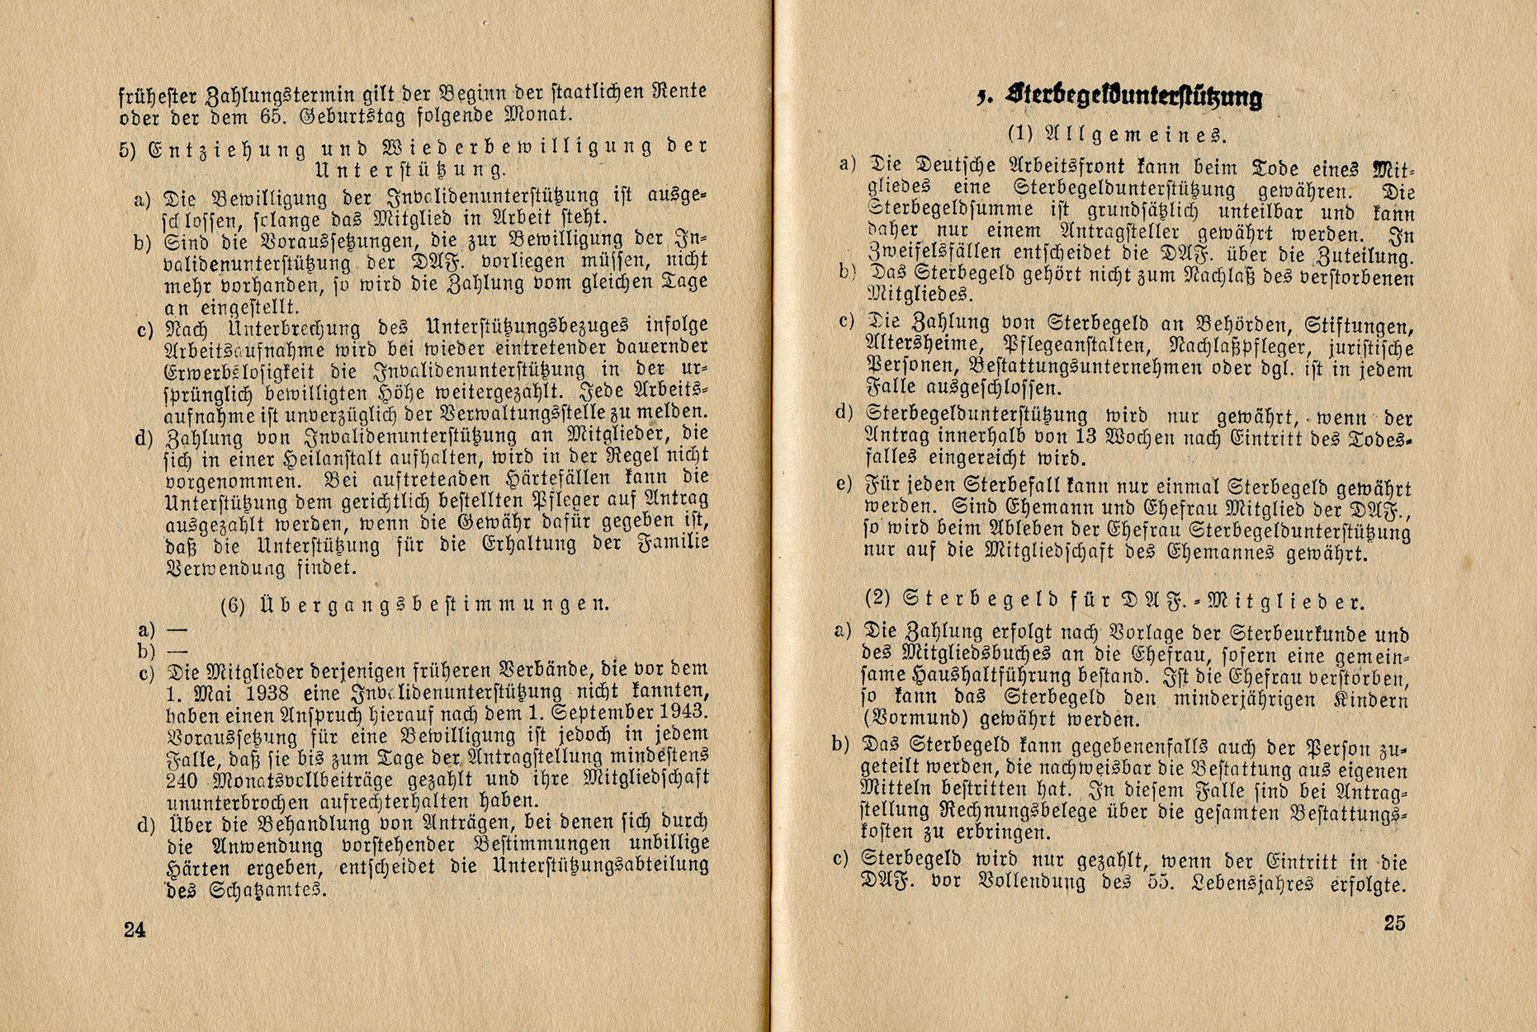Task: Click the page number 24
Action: pyautogui.click(x=135, y=930)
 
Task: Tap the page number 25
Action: pyautogui.click(x=1394, y=922)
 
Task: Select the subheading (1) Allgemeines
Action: pyautogui.click(x=1117, y=134)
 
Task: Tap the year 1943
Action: pyautogui.click(x=682, y=712)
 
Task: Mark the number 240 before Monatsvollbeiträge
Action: pyautogui.click(x=182, y=780)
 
